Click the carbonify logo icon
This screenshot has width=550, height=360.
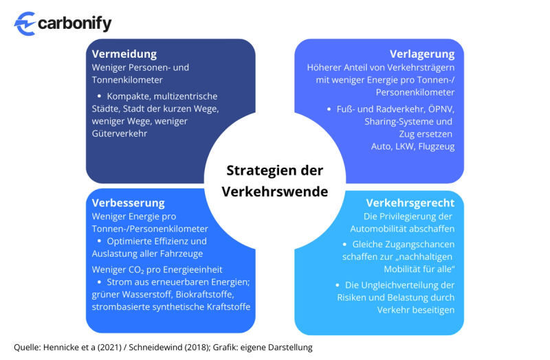tap(26, 23)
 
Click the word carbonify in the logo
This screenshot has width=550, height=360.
tap(75, 23)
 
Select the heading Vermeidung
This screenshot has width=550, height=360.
tap(124, 54)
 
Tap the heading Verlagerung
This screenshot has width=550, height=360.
tap(422, 54)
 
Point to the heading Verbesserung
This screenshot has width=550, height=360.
tap(129, 203)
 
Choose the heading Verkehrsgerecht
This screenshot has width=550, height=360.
tap(410, 203)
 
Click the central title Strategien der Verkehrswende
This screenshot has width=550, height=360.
tap(274, 181)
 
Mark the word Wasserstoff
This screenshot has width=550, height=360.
tap(146, 294)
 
